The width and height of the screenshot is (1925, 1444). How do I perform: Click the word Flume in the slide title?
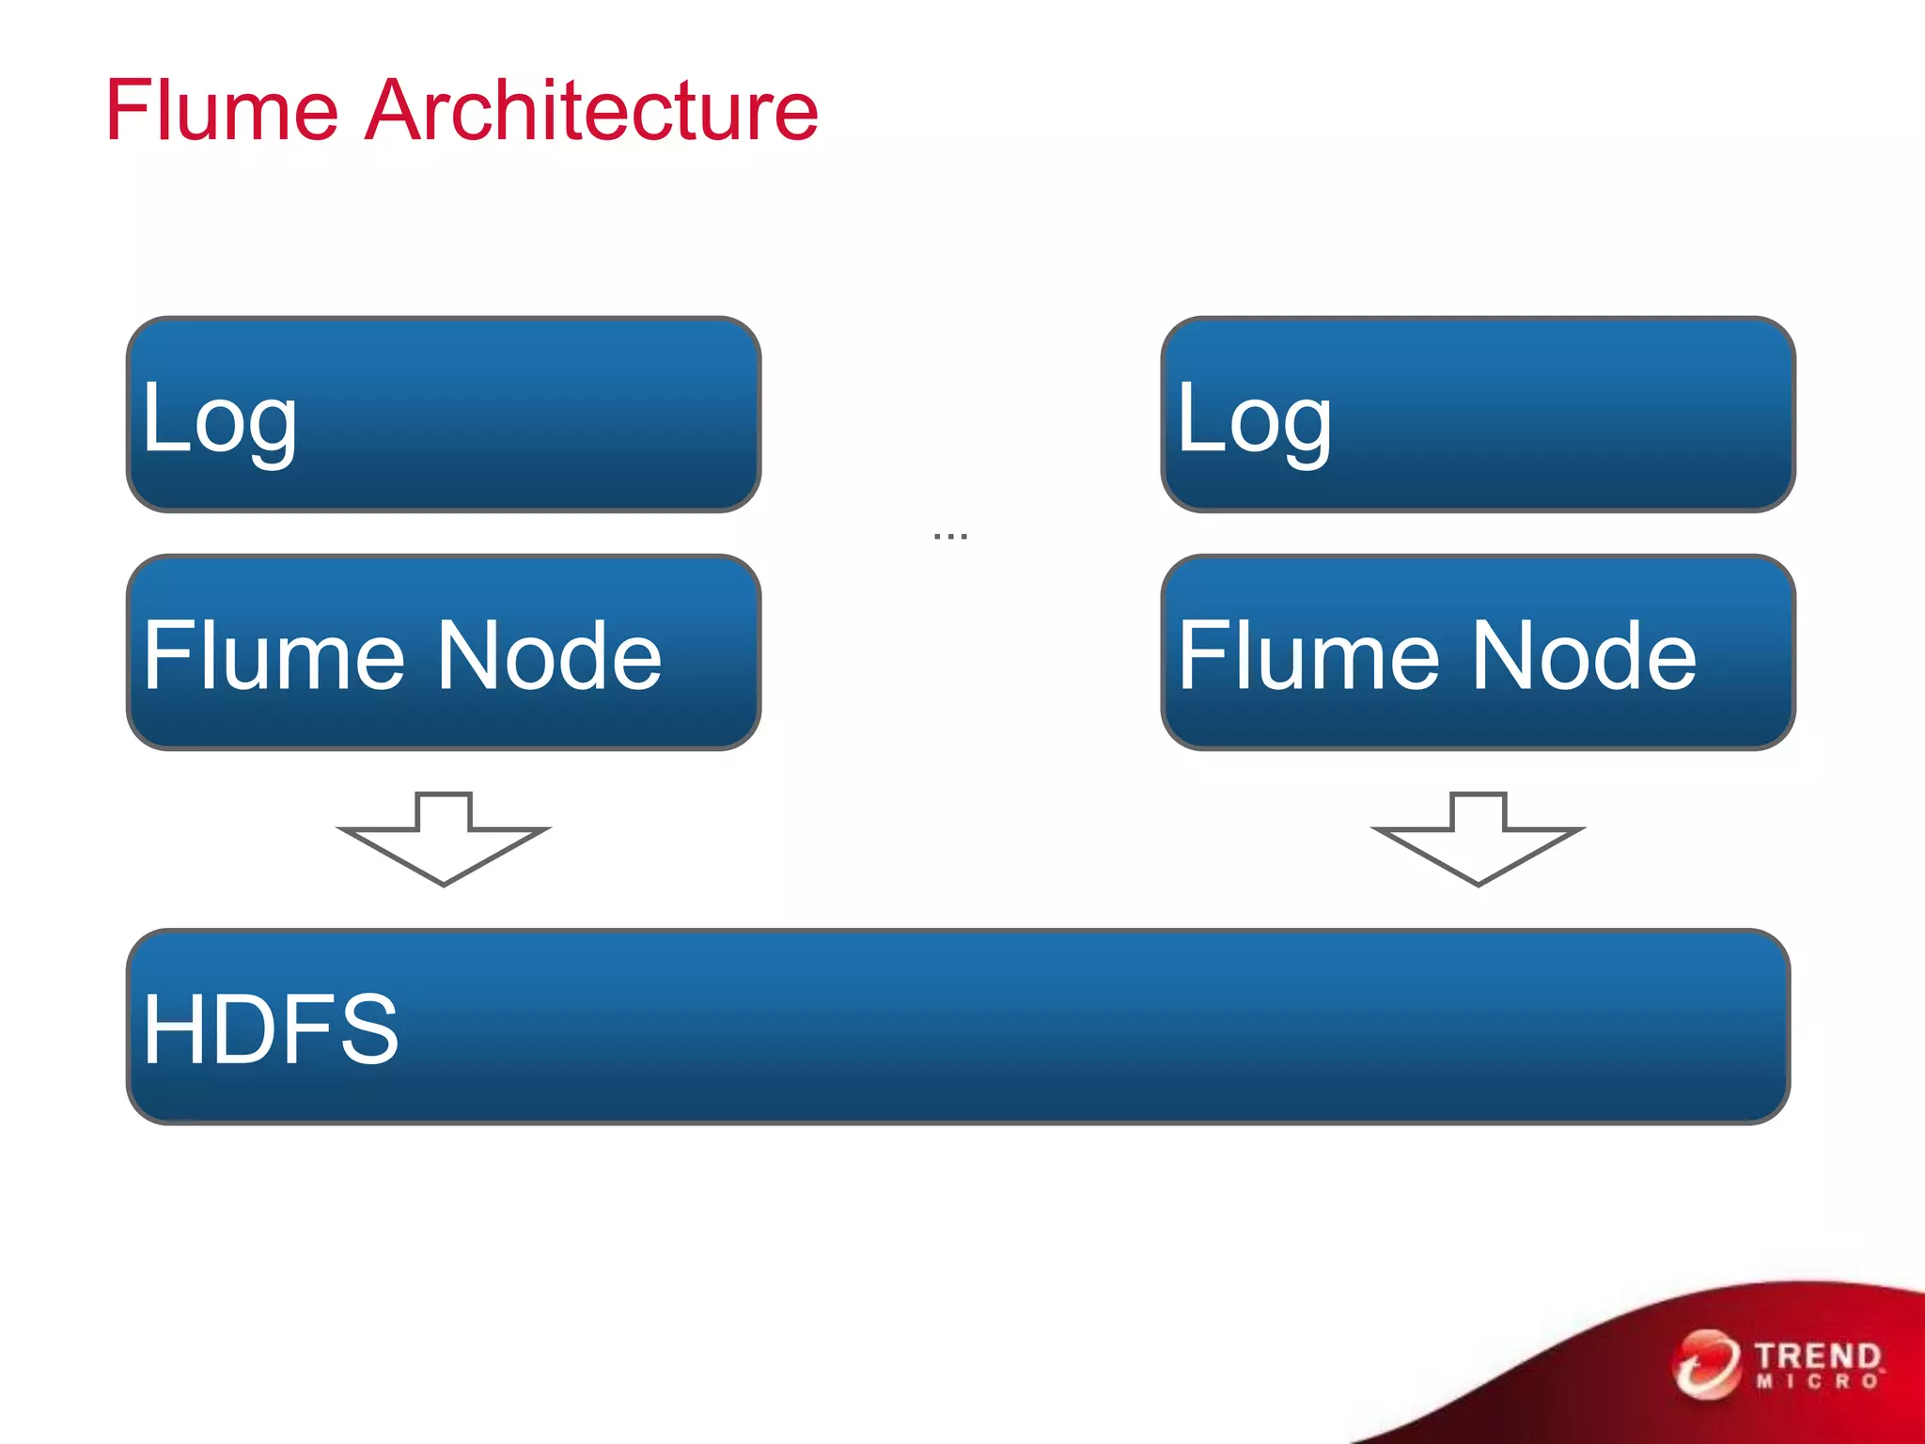pos(222,111)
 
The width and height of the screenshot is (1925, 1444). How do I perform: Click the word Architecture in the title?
pos(591,111)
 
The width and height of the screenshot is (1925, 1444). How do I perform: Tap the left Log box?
pos(526,415)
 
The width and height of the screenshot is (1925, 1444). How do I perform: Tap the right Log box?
pos(1560,415)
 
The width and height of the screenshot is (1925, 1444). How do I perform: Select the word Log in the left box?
pos(219,418)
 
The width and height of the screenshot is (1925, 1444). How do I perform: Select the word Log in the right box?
pos(1254,418)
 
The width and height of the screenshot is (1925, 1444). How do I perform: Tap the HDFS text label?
pos(271,1029)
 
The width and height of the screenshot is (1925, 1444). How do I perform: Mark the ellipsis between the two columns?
pos(950,536)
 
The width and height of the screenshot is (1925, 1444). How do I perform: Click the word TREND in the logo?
pos(1817,1357)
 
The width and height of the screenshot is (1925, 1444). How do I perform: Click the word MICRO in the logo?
pos(1817,1382)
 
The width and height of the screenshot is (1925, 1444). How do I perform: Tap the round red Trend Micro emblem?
pos(1706,1363)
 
